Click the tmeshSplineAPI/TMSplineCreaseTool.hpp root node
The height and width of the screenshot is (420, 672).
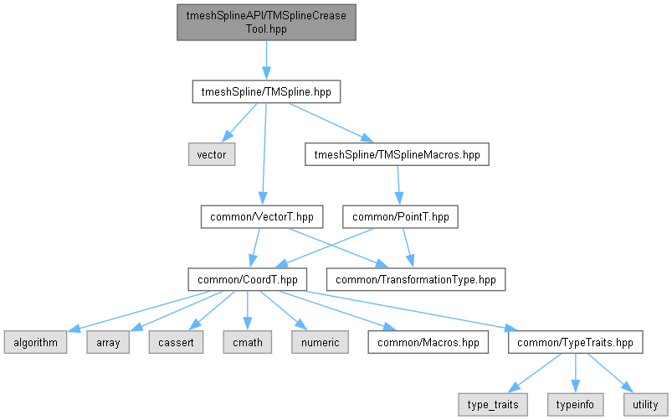266,23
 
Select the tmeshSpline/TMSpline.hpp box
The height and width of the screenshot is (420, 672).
266,92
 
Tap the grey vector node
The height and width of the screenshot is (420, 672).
212,154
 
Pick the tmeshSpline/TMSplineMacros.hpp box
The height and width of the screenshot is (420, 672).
397,154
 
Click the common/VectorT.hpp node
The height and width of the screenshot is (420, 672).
262,217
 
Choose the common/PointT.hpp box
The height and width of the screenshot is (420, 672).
400,217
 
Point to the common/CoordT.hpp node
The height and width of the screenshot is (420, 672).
247,279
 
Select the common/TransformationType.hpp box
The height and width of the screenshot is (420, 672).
416,279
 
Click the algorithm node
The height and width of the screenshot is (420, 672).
36,342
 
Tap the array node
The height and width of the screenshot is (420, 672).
108,342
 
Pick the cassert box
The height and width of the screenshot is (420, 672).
176,342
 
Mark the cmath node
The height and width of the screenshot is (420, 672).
247,342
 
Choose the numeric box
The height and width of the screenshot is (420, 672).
321,342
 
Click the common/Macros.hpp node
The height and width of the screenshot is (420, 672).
428,342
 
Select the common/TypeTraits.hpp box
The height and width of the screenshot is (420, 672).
575,342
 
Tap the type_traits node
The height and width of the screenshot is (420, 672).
493,405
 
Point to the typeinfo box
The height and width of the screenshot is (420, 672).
575,405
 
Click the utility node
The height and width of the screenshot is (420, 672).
645,405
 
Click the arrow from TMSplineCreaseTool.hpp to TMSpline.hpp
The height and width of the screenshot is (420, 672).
266,60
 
